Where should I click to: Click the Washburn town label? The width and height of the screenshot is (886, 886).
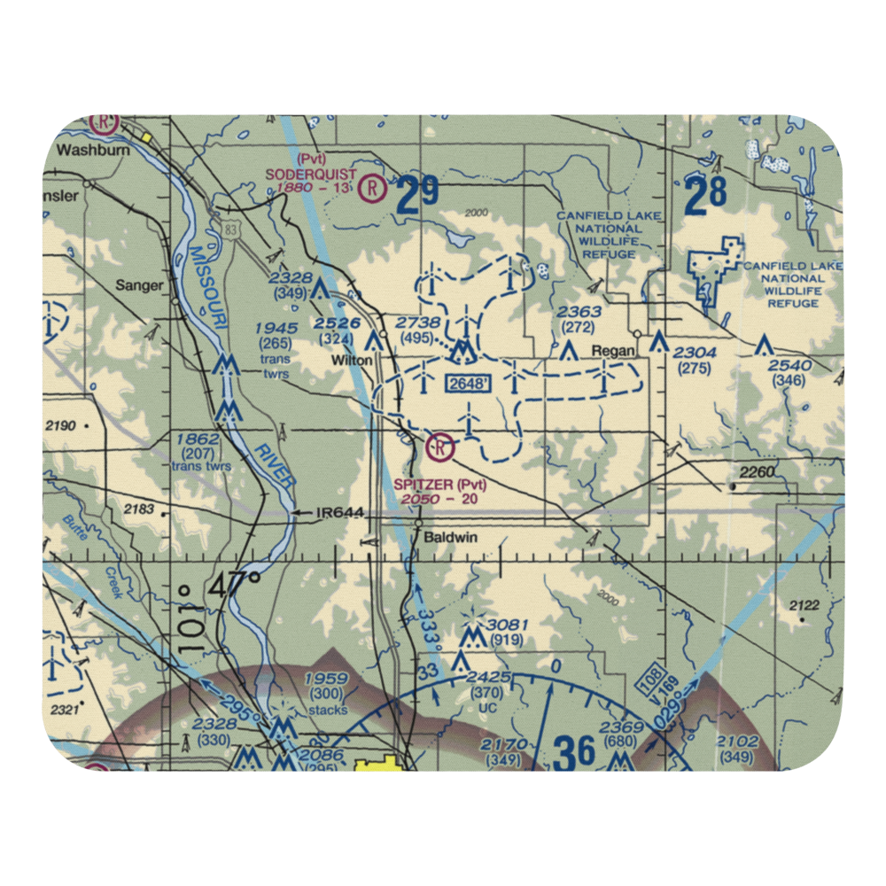pos(92,150)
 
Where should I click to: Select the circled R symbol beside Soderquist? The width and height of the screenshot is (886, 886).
pos(375,188)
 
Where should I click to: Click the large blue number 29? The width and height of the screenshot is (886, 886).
pos(417,196)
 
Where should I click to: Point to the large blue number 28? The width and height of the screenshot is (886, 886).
pos(705,195)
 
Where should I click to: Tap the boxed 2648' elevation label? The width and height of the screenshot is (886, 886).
pos(468,384)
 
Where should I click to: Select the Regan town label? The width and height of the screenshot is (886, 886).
pos(613,351)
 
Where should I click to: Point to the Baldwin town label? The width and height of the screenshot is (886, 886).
pos(450,537)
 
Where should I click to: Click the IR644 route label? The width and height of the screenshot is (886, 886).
pos(340,512)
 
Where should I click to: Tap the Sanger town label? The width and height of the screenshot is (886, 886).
pos(141,285)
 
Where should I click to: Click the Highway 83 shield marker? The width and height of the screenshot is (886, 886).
pos(230,229)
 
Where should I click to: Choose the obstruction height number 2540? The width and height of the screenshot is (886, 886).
pos(789,366)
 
